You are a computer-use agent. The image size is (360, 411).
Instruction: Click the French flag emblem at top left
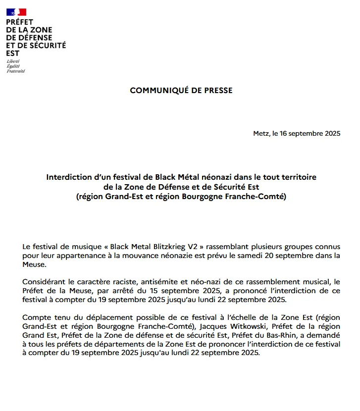click(16, 12)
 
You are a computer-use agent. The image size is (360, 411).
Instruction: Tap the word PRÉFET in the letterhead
click(20, 23)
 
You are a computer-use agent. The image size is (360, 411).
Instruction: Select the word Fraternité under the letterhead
click(16, 71)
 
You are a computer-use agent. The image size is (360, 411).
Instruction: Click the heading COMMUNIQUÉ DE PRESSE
click(181, 91)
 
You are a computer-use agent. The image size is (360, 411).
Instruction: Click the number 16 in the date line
click(283, 134)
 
